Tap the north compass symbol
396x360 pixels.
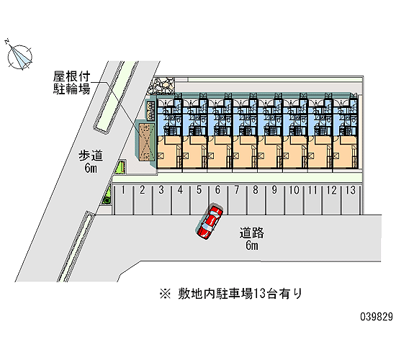19,57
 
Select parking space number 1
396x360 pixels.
124,200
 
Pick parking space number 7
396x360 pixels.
237,200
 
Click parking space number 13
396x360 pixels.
351,200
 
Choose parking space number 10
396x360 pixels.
294,200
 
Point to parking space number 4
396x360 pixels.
180,200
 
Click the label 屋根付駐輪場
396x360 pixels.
72,83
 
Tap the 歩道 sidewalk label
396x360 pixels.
91,156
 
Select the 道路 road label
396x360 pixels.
251,233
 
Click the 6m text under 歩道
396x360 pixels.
91,168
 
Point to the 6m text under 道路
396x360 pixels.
252,245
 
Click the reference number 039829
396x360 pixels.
377,317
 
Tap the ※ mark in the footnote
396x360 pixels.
165,294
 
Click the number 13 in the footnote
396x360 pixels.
260,294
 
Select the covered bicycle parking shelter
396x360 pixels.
146,143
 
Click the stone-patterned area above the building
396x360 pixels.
161,86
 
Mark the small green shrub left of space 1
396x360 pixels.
107,196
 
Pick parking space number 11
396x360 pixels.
313,200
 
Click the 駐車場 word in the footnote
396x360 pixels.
235,294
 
